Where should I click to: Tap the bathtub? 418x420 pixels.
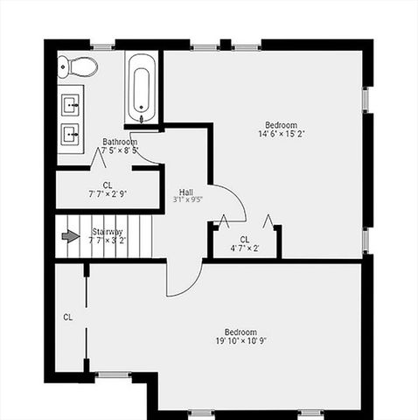[141, 89]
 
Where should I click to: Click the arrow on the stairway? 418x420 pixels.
[70, 235]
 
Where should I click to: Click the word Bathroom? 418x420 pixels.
[120, 142]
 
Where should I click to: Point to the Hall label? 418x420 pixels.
[186, 192]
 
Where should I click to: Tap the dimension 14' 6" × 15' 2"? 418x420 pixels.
[282, 134]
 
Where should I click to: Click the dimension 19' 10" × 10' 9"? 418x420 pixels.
[240, 341]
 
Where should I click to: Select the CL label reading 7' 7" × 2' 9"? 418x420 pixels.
[108, 194]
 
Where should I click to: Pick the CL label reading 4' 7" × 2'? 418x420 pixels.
[245, 248]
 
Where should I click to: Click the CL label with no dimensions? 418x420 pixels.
[67, 317]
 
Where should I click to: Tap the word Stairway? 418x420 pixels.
[108, 232]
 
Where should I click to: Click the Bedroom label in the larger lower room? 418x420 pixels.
[240, 332]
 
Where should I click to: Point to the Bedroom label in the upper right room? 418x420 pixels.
[282, 124]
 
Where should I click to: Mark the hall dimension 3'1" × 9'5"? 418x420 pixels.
[187, 200]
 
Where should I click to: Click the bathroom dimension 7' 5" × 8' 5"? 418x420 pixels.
[120, 150]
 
